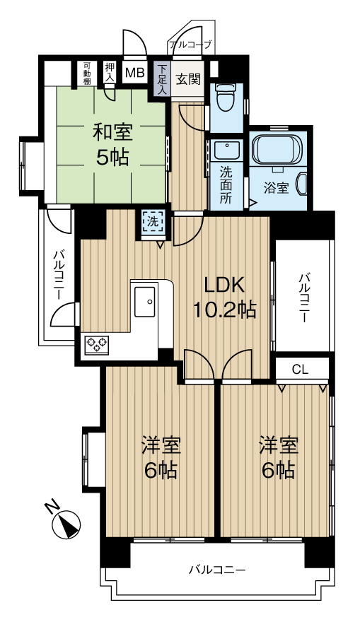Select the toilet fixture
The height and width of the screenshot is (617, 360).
coord(226,98)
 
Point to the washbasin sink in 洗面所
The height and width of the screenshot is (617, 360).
coord(227,151)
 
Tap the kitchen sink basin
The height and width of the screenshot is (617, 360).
coord(145,301)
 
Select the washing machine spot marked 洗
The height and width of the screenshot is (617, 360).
coord(153,222)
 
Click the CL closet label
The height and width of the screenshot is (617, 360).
coord(301,370)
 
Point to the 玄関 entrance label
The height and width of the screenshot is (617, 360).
coord(188,79)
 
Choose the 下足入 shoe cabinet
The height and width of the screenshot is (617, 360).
coord(162,78)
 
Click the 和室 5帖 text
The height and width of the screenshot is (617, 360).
coord(112,144)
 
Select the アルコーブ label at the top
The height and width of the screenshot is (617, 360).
coord(191,45)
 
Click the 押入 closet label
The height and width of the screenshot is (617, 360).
coord(110,71)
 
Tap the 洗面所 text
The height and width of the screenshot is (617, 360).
coord(226,185)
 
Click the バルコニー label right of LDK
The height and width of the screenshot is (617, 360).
coord(303,298)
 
